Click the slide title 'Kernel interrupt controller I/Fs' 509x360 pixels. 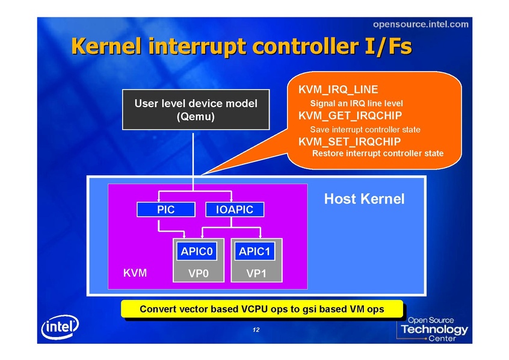click(241, 47)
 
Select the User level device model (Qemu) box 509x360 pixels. click(196, 110)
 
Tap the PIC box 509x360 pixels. click(165, 209)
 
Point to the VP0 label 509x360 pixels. click(198, 274)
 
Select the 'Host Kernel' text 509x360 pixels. click(364, 199)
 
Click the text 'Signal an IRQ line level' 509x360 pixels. click(356, 103)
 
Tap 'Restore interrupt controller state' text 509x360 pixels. click(378, 154)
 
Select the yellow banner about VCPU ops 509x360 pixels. click(261, 309)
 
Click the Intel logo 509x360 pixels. click(60, 329)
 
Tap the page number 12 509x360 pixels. click(256, 330)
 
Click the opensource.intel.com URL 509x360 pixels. click(420, 24)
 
